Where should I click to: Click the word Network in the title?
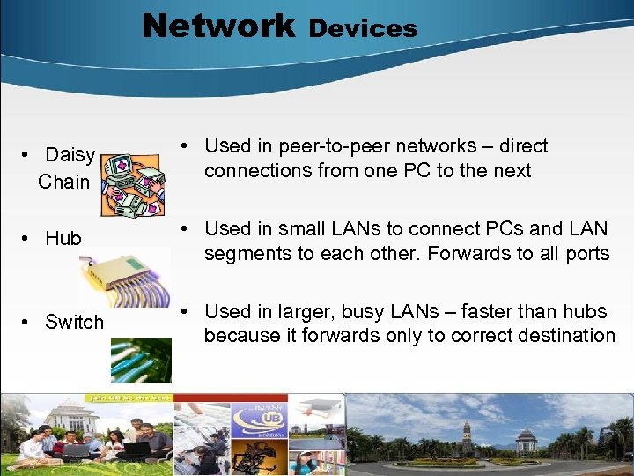[x=218, y=26]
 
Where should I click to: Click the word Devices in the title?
[x=363, y=28]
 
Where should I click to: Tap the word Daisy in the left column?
[x=70, y=155]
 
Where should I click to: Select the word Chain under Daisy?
[x=63, y=182]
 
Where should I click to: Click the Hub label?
[x=63, y=238]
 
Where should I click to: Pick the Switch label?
[x=74, y=322]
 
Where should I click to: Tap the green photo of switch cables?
[x=141, y=361]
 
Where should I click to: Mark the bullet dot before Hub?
[x=29, y=238]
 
